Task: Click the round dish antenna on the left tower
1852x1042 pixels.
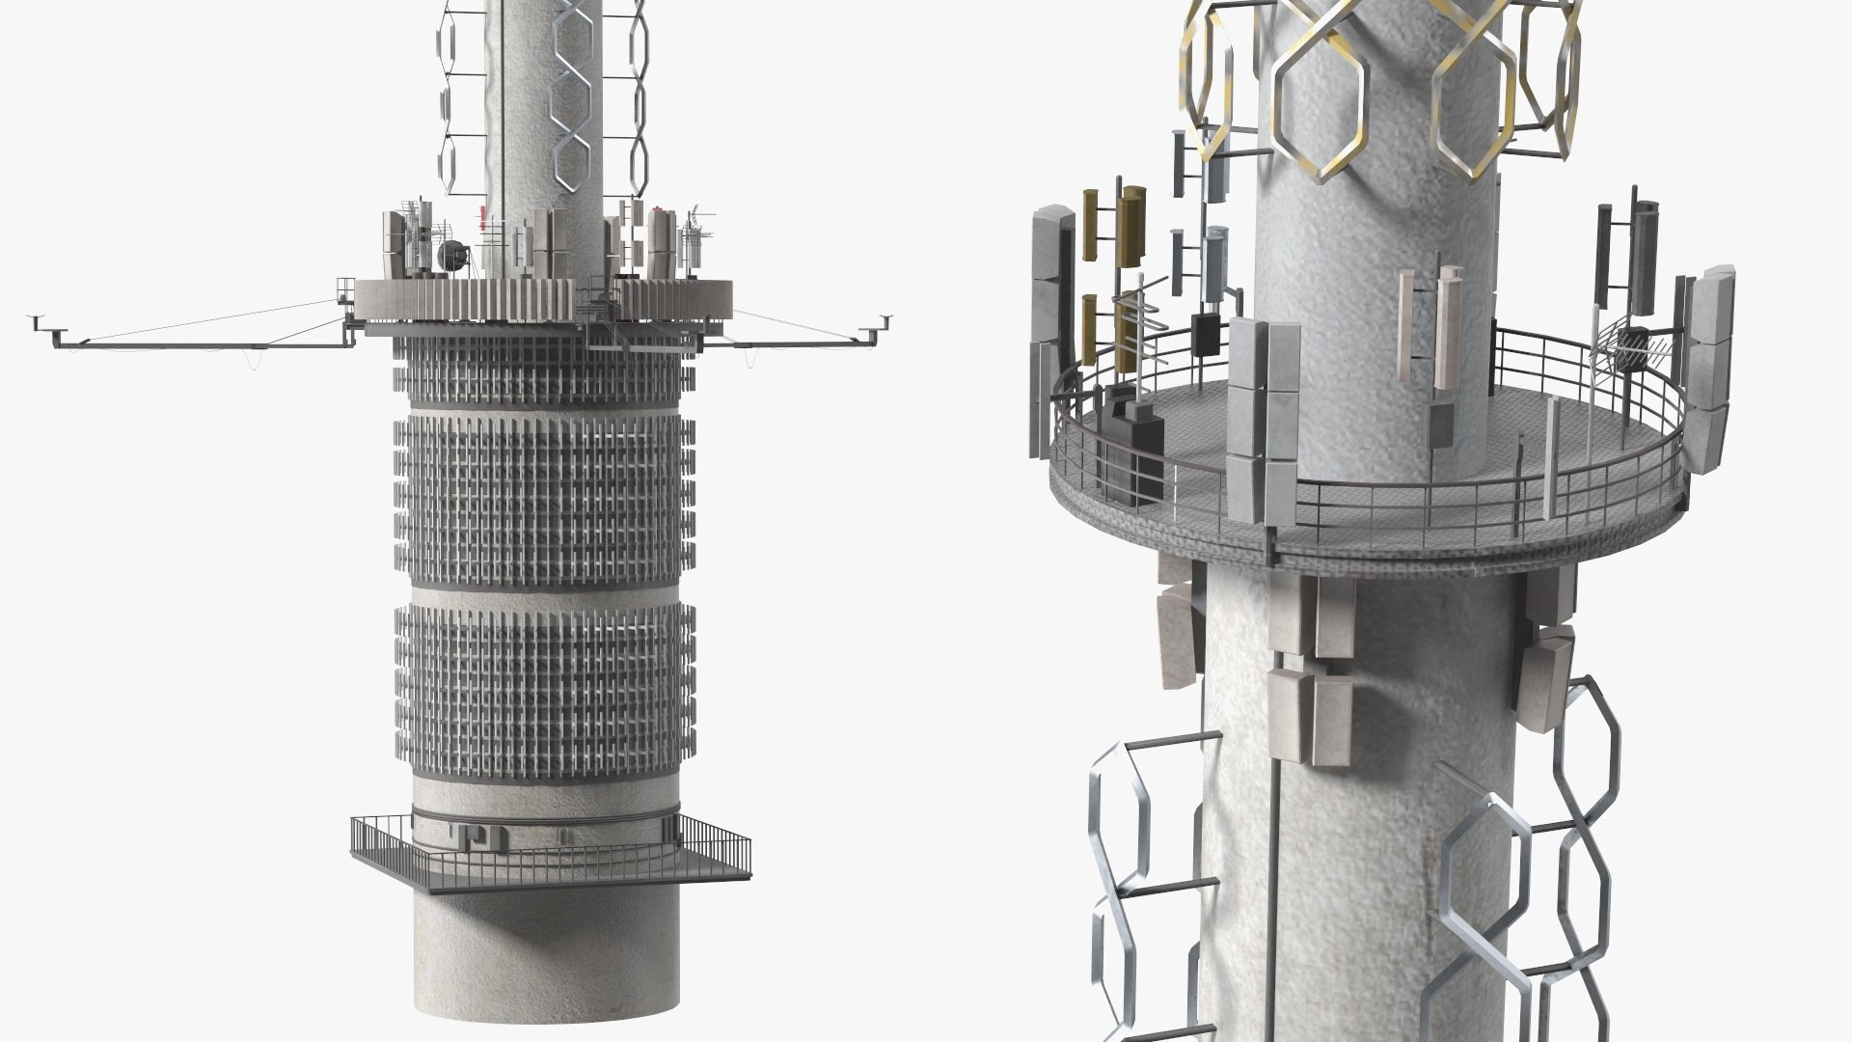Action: pos(450,256)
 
